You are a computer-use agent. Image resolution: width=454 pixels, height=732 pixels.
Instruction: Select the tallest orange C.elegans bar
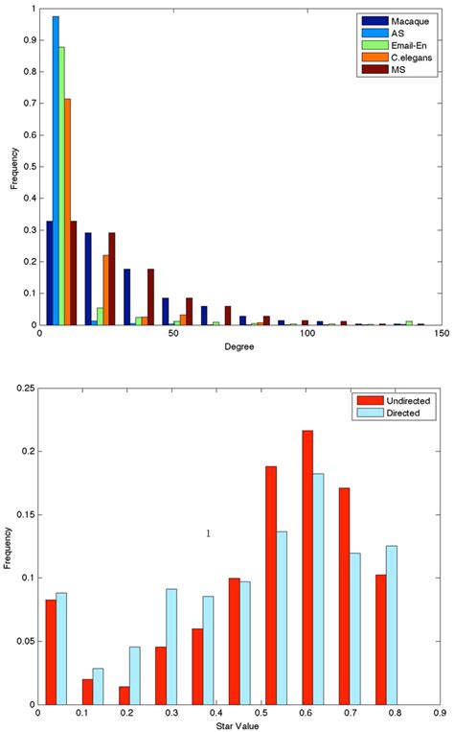click(x=67, y=211)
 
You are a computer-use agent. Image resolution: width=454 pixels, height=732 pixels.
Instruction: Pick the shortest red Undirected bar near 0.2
click(x=125, y=695)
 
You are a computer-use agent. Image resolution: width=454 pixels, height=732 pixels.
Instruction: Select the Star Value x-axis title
click(x=238, y=727)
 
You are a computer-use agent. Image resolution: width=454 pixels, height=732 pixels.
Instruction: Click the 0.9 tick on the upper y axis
click(x=27, y=41)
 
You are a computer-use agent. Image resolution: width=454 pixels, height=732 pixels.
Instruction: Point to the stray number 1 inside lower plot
click(x=208, y=533)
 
